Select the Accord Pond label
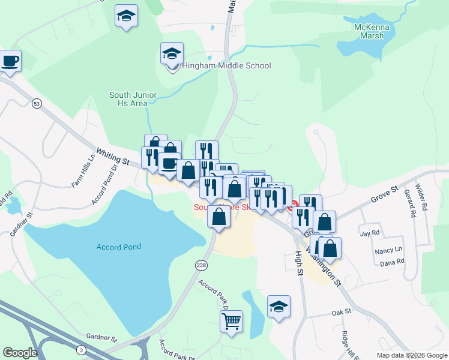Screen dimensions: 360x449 pos(119,247)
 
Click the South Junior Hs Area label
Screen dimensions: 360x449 pos(133,99)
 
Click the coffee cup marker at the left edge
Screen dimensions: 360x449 pos(10,61)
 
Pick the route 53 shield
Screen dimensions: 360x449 pos(37,104)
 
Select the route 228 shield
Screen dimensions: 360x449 pos(201,265)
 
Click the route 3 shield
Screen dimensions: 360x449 pos(81,350)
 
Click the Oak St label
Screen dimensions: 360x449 pos(341,313)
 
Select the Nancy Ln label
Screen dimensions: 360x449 pos(388,250)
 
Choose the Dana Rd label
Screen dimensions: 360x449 pos(392,262)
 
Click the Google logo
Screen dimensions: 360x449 pos(20,353)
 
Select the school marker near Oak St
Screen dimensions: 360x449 pos(279,306)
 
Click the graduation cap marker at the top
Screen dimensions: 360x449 pos(126,16)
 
